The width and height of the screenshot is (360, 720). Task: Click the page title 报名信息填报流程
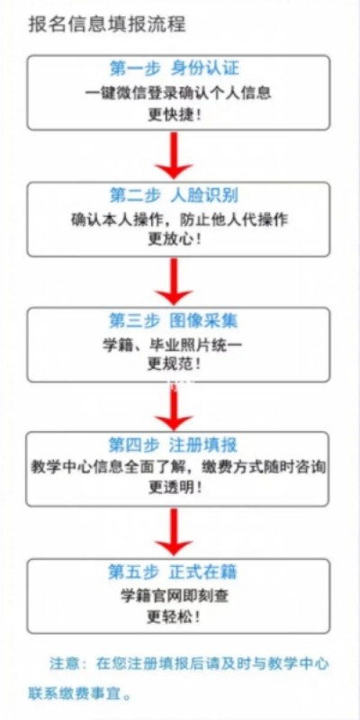coord(107,24)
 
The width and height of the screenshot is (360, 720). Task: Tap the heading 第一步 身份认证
coord(175,68)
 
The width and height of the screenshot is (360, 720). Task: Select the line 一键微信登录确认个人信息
coord(178,93)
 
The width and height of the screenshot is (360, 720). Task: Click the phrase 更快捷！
coord(175,115)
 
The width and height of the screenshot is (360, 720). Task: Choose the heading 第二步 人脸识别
coord(174,195)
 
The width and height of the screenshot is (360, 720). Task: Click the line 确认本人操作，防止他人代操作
coord(179,220)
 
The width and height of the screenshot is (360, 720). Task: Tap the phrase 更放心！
coord(175,240)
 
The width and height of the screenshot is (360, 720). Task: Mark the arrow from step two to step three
coord(174,281)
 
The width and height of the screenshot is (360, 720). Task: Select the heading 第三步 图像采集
coord(174,320)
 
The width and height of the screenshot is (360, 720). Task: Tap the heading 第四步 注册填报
coord(173,445)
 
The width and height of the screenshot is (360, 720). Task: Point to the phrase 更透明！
coord(175,488)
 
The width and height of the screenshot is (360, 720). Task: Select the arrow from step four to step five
coord(174,532)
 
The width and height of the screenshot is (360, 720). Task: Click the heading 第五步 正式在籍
coord(173,571)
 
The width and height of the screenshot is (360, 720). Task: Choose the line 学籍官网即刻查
coord(174,596)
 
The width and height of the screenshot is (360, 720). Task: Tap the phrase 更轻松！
coord(174,616)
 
